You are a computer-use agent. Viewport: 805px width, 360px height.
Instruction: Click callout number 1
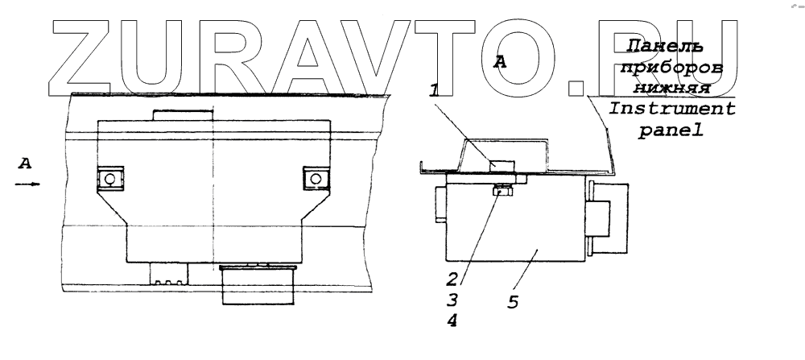click(434, 92)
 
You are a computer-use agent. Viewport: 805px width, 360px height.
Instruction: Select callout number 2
click(452, 279)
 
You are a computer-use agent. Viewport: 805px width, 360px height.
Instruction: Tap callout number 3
click(453, 300)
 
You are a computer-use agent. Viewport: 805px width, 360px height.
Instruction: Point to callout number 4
click(454, 320)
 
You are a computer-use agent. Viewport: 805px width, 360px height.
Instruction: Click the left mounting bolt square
click(109, 178)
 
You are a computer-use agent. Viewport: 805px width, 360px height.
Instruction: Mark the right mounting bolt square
click(315, 178)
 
